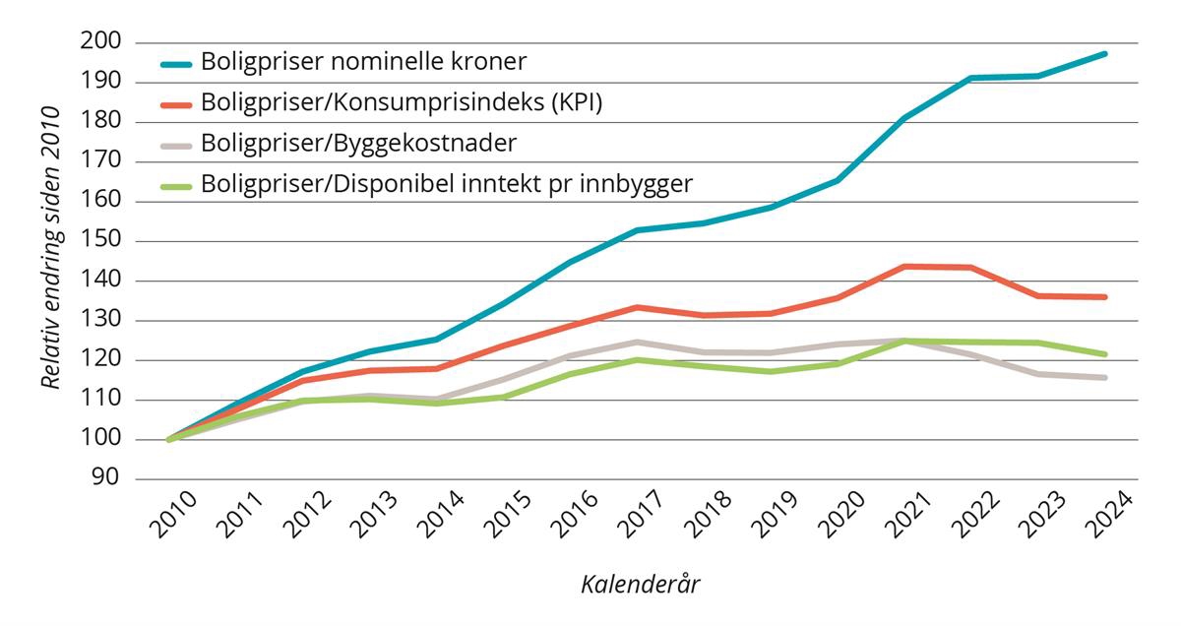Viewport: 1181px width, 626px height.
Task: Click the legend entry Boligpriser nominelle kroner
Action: pyautogui.click(x=363, y=61)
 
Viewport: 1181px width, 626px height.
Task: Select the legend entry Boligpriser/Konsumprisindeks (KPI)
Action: pyautogui.click(x=401, y=102)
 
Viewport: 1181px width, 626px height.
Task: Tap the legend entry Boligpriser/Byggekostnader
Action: pyautogui.click(x=358, y=143)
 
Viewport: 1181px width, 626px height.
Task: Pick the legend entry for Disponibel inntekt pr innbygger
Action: pyautogui.click(x=447, y=183)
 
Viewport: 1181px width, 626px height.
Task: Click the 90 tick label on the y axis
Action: pyautogui.click(x=104, y=479)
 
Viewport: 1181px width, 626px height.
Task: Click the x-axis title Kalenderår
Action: pyautogui.click(x=640, y=584)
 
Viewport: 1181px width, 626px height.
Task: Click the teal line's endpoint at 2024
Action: pyautogui.click(x=1105, y=53)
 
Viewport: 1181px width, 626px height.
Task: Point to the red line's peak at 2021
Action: pyautogui.click(x=904, y=266)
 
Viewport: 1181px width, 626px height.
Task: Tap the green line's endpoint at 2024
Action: pyautogui.click(x=1105, y=354)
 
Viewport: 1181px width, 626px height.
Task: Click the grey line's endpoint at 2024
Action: pyautogui.click(x=1105, y=378)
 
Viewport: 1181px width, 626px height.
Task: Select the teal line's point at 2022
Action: pyautogui.click(x=971, y=78)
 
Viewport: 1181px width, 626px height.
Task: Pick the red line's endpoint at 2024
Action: pyautogui.click(x=1105, y=296)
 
